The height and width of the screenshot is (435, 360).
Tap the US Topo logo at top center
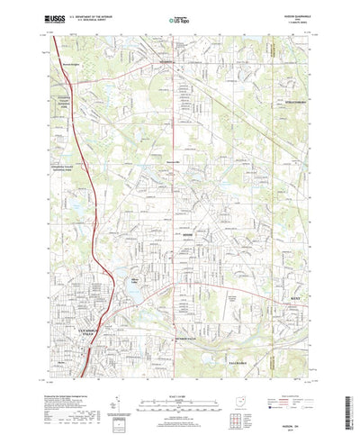pyautogui.click(x=178, y=17)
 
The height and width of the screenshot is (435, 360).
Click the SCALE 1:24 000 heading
pyautogui.click(x=177, y=371)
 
